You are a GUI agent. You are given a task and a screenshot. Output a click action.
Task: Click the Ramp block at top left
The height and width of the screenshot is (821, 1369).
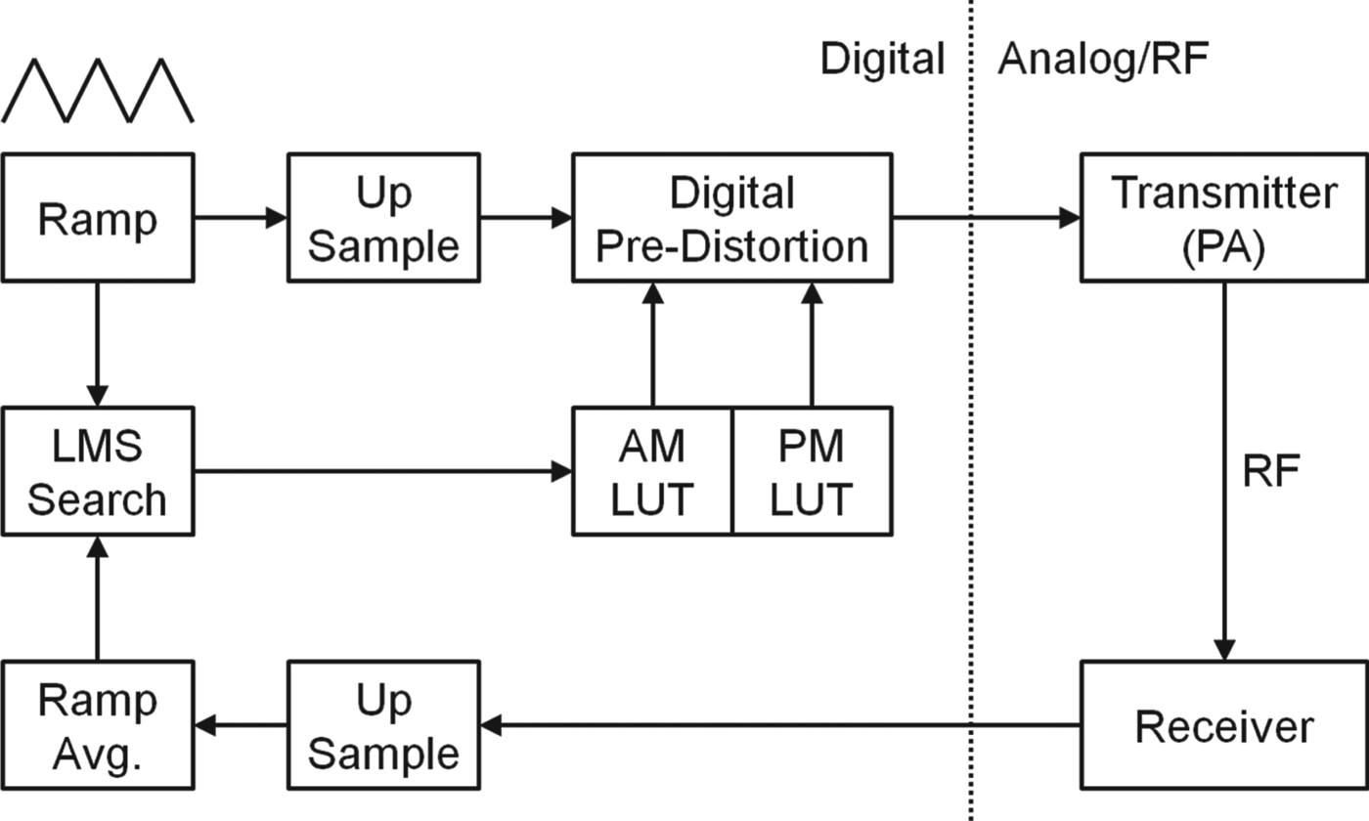97,217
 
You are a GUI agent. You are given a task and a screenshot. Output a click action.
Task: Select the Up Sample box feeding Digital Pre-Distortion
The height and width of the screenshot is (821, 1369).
382,217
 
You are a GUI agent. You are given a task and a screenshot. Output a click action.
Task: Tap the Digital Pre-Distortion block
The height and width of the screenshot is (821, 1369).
731,217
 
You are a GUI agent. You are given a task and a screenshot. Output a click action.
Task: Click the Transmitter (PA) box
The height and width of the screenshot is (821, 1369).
1223,217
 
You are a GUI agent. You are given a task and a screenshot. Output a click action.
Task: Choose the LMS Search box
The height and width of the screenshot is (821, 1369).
97,471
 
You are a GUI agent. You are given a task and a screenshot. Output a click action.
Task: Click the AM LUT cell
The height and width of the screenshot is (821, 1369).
652,471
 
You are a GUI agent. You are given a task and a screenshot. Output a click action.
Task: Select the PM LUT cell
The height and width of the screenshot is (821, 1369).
812,471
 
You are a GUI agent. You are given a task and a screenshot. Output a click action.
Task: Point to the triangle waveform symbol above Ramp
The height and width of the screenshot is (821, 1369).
97,90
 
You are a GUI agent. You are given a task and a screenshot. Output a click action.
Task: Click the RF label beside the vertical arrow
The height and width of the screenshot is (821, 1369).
1270,472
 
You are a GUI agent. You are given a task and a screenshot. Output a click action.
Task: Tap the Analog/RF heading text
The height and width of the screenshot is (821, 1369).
1102,60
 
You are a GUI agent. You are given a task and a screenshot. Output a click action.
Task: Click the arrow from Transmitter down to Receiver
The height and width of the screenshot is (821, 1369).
1223,469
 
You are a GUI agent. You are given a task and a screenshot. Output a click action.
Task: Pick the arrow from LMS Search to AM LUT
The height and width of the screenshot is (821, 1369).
381,471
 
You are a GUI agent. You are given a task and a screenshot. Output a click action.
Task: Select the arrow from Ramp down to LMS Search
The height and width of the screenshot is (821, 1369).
97,342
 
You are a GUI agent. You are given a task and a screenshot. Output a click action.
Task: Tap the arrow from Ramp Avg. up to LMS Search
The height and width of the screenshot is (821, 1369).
97,598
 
